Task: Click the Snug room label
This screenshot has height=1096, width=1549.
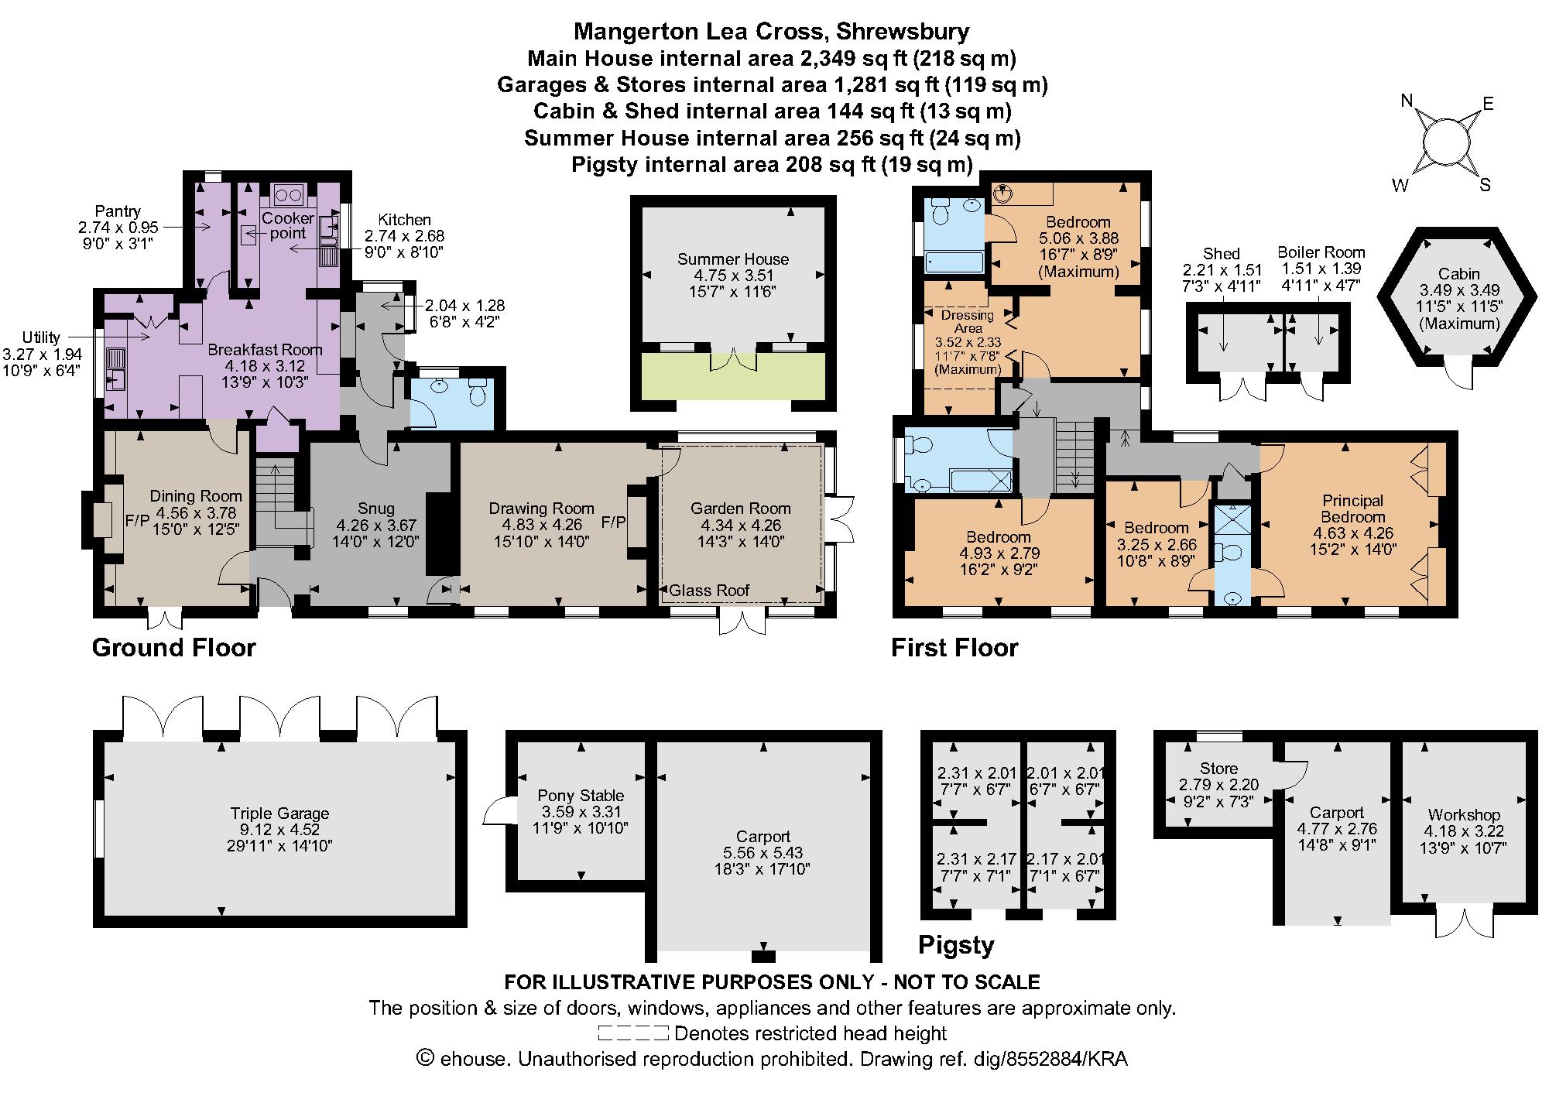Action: pos(376,509)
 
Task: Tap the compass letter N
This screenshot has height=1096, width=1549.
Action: pos(1408,101)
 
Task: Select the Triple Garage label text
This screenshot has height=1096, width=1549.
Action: pos(279,813)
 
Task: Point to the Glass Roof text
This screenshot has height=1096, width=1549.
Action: pos(710,591)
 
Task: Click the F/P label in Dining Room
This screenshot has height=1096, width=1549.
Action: pos(137,521)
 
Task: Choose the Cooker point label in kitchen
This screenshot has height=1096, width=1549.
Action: pos(287,225)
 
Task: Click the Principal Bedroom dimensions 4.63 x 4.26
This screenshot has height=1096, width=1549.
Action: pos(1352,533)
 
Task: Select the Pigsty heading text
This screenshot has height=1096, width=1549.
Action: pos(955,945)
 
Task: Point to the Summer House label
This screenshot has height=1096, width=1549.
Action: pos(733,259)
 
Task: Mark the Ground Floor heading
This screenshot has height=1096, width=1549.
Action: pos(173,647)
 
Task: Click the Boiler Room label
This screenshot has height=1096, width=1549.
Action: pos(1321,252)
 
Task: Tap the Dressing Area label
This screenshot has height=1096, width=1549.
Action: pos(968,321)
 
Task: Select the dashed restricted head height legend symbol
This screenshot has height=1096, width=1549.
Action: pos(632,1033)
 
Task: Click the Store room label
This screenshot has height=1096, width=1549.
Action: pos(1218,769)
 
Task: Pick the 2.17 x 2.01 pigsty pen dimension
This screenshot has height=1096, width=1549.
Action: pos(1065,859)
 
